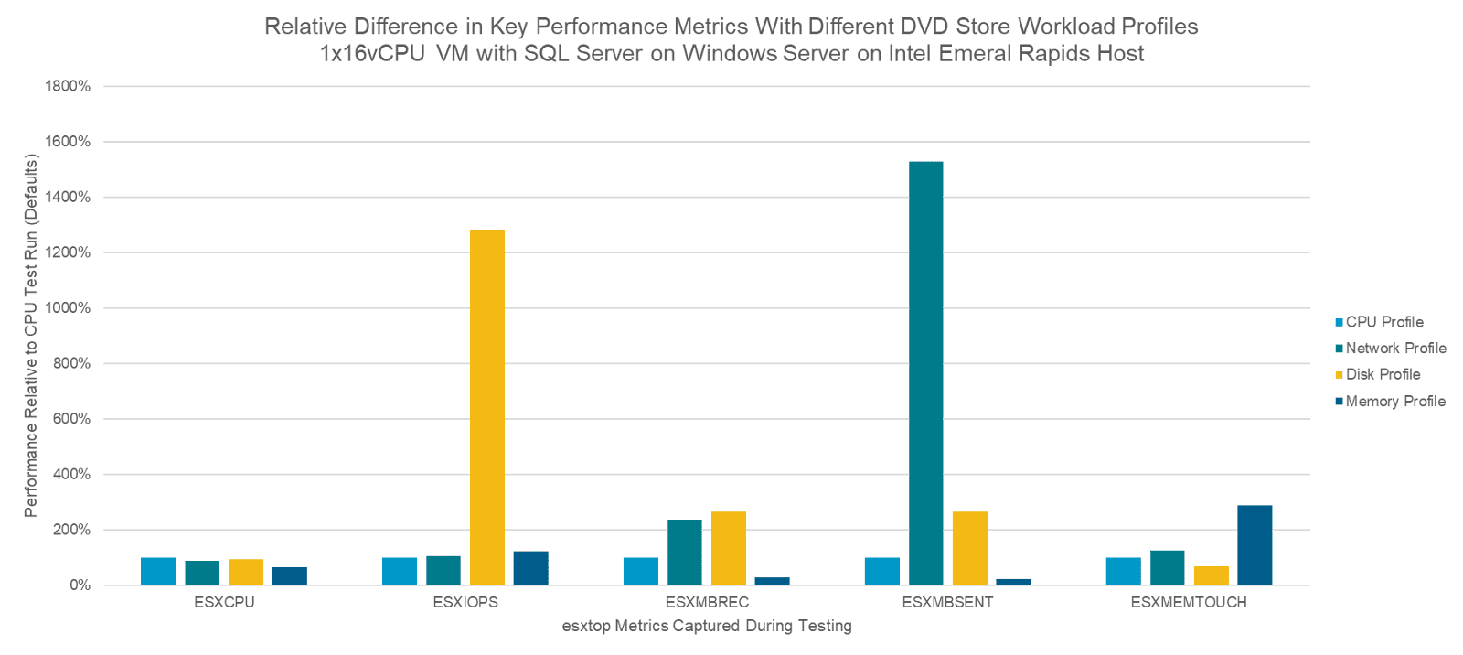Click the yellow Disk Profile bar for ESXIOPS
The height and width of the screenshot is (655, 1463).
point(487,407)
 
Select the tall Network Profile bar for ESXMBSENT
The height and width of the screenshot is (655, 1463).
point(925,373)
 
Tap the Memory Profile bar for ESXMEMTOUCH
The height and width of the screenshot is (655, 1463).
point(1255,545)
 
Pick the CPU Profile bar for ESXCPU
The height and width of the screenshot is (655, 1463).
point(158,571)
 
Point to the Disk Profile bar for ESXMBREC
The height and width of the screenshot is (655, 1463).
point(729,548)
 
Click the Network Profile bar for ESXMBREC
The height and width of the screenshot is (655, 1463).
point(684,553)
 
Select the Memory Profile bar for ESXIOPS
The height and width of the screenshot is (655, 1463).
point(530,568)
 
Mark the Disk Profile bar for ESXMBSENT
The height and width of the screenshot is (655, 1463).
point(969,548)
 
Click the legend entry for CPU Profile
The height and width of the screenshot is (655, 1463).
point(1383,322)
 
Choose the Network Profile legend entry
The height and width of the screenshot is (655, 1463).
point(1395,349)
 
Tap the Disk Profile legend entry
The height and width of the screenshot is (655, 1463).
point(1383,374)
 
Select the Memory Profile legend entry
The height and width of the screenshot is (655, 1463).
point(1395,402)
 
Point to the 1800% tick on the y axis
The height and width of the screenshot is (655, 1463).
point(68,87)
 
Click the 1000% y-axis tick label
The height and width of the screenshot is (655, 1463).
point(68,308)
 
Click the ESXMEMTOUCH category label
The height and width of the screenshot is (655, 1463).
point(1188,603)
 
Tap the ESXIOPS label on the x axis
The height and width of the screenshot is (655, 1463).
point(465,603)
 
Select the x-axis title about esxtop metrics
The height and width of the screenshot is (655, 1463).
point(706,627)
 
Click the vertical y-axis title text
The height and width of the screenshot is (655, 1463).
point(31,336)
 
